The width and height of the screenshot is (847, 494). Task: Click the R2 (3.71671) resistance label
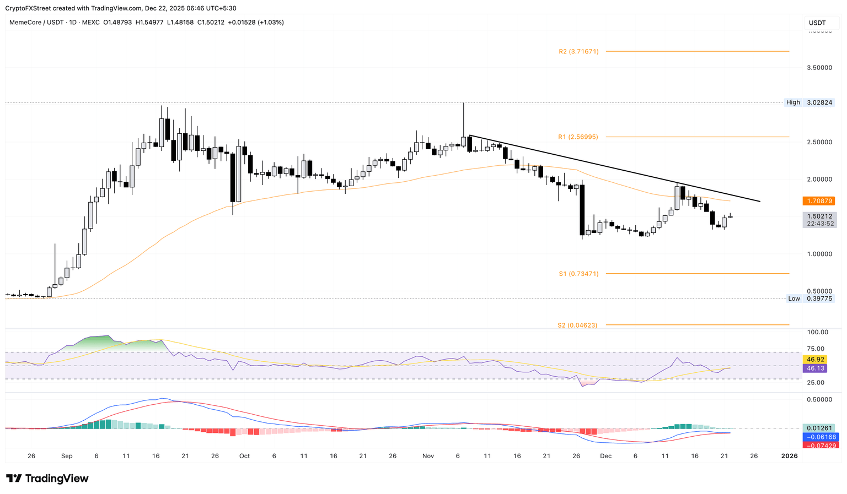pyautogui.click(x=578, y=51)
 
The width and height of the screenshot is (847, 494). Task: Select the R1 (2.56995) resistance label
pyautogui.click(x=578, y=137)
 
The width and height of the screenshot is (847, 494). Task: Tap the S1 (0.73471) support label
pyautogui.click(x=578, y=274)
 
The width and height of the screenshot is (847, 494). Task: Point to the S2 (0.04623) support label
pyautogui.click(x=577, y=325)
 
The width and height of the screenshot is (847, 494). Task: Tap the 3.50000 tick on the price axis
pyautogui.click(x=819, y=68)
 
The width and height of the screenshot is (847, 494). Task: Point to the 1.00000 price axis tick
pyautogui.click(x=819, y=254)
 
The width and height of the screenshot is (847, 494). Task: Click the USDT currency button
pyautogui.click(x=817, y=23)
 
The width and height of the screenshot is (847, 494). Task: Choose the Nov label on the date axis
pyautogui.click(x=428, y=456)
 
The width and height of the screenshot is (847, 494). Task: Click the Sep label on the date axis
pyautogui.click(x=67, y=456)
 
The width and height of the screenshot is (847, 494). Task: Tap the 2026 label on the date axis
pyautogui.click(x=790, y=456)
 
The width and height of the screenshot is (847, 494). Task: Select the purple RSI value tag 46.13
pyautogui.click(x=816, y=368)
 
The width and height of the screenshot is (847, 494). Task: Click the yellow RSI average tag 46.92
pyautogui.click(x=816, y=360)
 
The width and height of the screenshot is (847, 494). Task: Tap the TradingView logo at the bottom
pyautogui.click(x=47, y=479)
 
